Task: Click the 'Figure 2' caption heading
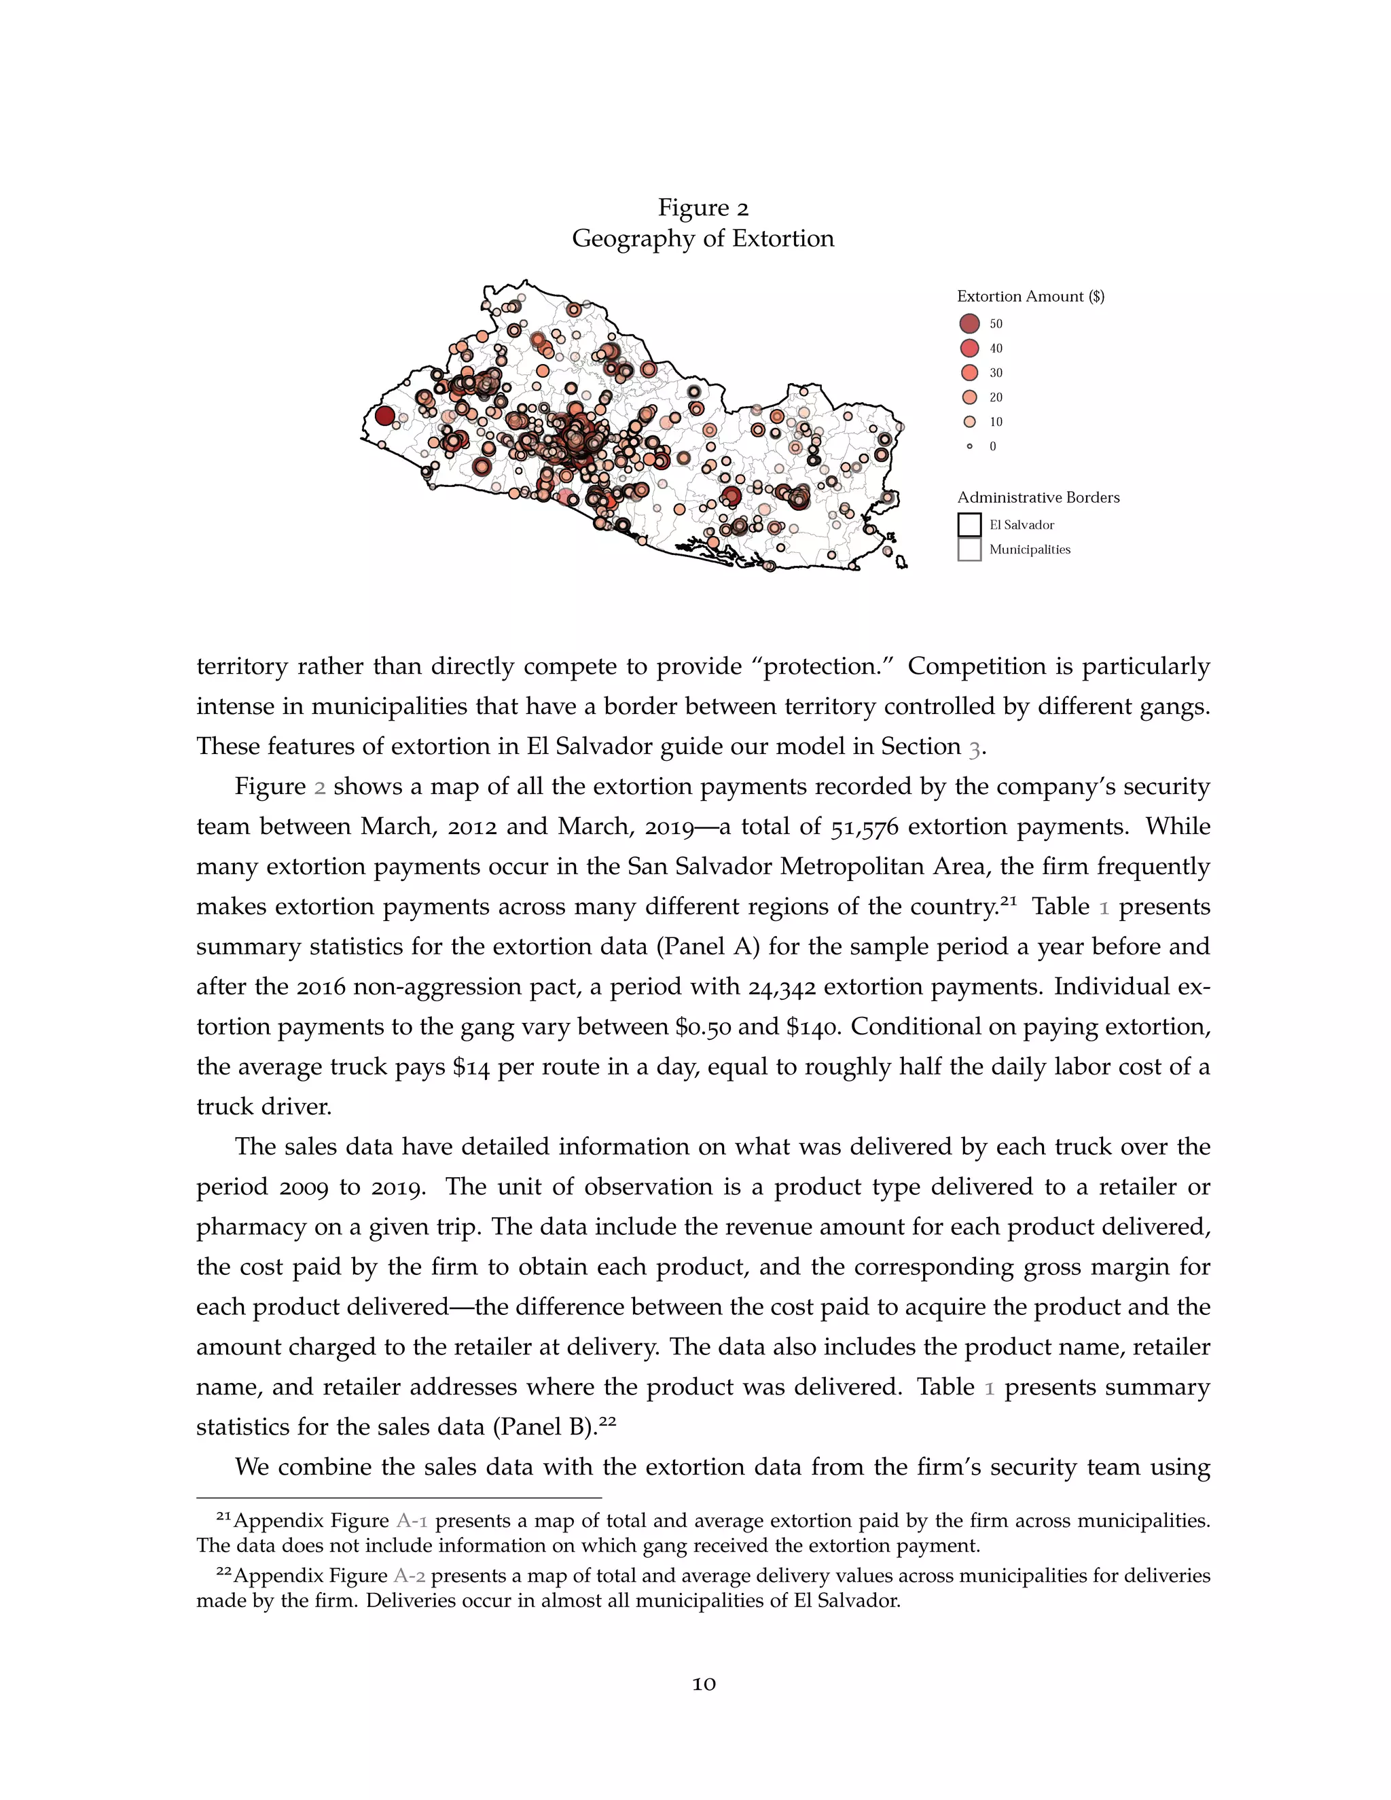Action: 703,208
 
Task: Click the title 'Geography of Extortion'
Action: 703,239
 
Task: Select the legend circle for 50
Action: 969,323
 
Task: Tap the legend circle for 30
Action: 969,372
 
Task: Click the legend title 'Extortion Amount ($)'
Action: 1030,296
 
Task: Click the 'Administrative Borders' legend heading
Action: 1038,497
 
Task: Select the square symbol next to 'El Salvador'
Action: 969,524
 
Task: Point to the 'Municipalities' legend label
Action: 1029,550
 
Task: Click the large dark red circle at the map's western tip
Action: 384,416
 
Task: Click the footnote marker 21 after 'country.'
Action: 1009,900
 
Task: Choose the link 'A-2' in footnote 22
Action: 410,1576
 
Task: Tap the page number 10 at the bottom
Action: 703,1684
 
